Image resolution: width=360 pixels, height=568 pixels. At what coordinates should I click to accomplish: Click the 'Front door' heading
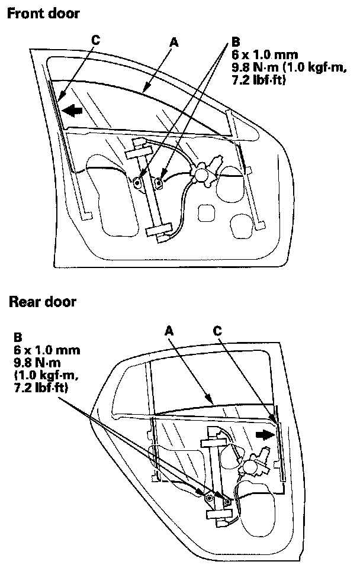43,13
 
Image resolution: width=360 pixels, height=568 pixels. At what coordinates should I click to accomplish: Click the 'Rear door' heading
42,302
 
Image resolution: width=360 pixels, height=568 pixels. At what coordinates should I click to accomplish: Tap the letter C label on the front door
95,40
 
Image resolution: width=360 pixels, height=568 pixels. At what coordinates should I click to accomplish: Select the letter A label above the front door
173,42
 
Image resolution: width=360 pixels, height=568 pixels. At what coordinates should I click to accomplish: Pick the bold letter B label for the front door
236,42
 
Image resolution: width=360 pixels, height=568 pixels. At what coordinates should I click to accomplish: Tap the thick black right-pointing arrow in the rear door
265,435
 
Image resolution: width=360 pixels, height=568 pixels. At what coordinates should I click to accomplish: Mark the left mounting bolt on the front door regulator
137,183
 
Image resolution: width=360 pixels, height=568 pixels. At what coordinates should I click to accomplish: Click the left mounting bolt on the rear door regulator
208,499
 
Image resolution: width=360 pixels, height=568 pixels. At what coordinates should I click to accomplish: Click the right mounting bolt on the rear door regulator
227,502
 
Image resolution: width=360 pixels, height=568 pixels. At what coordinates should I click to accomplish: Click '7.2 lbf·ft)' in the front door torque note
258,80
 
